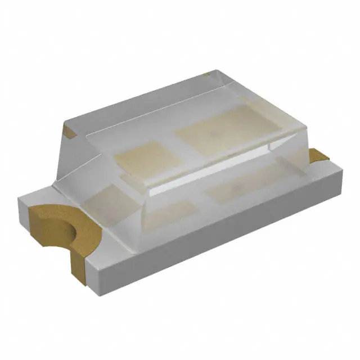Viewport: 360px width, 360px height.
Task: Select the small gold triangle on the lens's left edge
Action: tap(69, 133)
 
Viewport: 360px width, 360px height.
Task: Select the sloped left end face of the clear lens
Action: tap(84, 152)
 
